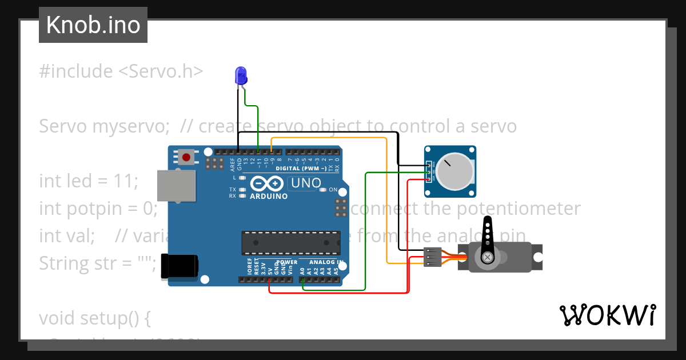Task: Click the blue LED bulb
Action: click(241, 75)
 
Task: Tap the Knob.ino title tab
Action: click(93, 25)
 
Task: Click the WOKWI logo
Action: click(607, 315)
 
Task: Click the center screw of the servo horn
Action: click(488, 258)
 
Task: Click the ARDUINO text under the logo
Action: click(269, 197)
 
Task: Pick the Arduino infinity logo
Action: click(268, 183)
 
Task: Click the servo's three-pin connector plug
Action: click(433, 257)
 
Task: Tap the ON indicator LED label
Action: click(333, 190)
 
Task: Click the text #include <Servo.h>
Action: click(121, 71)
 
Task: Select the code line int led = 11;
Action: click(89, 181)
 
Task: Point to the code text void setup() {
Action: click(94, 318)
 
